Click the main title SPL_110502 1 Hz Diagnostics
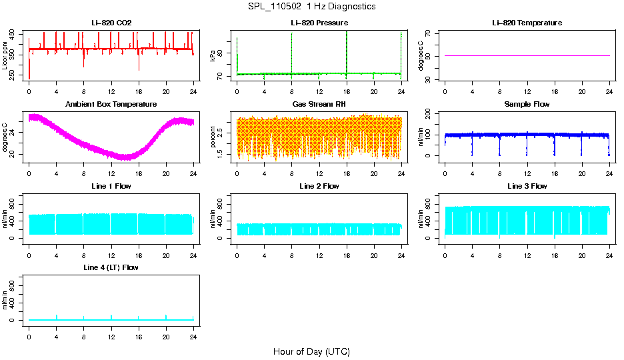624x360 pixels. pos(311,7)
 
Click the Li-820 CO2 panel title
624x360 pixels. pos(111,23)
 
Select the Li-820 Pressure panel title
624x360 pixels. pos(319,23)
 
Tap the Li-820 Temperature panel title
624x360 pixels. pos(527,23)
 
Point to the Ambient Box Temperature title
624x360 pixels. pos(111,105)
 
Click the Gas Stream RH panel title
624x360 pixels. pos(319,105)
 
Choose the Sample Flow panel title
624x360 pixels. pos(527,105)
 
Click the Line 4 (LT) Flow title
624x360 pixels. pos(111,267)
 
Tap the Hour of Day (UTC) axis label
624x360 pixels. pos(311,351)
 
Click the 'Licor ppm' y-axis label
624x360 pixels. pos(5,55)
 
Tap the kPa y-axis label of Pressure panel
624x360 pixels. pos(213,55)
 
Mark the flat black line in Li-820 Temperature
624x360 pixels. pos(527,55)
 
